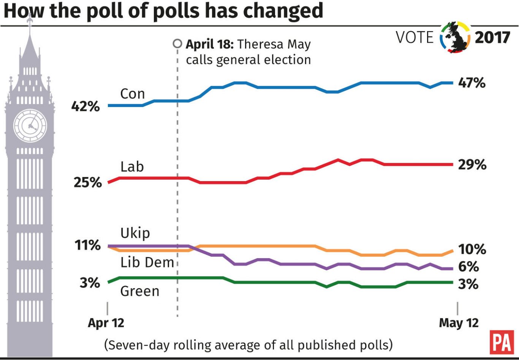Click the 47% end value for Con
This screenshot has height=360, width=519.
point(472,83)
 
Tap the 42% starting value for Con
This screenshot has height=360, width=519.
point(85,107)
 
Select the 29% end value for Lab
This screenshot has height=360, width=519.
point(472,165)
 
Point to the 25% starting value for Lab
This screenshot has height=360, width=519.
point(87,183)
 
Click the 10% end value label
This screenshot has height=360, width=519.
point(472,249)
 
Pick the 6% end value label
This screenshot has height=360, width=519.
point(468,267)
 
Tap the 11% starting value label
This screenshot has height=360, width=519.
point(87,245)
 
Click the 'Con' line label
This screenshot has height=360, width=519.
point(132,94)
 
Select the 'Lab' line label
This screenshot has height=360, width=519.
point(132,167)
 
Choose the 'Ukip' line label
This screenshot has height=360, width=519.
point(135,233)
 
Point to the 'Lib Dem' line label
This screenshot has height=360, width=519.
point(147,262)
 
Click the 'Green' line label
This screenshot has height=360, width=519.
point(139,291)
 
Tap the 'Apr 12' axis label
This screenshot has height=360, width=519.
point(106,323)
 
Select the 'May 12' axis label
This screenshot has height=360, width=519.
point(459,323)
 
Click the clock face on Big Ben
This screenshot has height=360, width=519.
point(30,126)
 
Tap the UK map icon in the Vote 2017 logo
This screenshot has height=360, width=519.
point(456,37)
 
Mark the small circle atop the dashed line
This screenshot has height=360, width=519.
point(177,44)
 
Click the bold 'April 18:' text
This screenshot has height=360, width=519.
point(209,44)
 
